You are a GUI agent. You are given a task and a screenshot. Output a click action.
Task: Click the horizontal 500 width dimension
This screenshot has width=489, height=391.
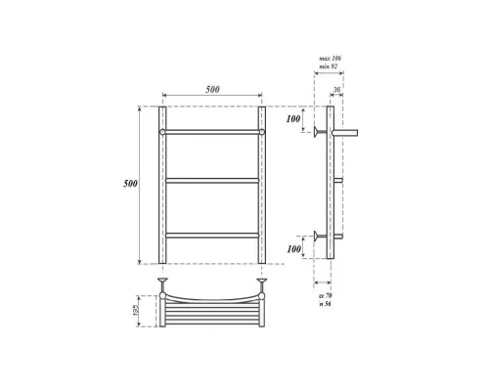click(212, 89)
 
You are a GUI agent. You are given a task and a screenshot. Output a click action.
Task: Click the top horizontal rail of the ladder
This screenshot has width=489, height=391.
click(212, 130)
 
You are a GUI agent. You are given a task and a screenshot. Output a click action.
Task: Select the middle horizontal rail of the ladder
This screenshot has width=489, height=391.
click(212, 181)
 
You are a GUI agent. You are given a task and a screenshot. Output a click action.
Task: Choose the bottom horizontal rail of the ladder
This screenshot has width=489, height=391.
click(212, 234)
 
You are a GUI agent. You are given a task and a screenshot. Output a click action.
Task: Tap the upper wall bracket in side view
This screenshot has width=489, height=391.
click(318, 130)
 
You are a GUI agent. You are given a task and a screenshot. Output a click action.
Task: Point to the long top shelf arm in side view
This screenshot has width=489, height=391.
click(348, 130)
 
